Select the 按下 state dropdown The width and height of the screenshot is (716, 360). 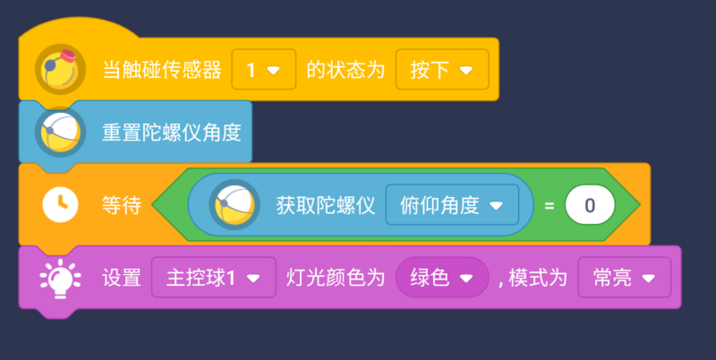point(442,69)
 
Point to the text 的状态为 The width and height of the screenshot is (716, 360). point(345,69)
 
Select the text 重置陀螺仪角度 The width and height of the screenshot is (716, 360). point(171,132)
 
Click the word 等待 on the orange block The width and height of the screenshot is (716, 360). point(121,205)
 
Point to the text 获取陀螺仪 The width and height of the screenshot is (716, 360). point(325,205)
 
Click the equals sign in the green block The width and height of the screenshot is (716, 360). point(549,205)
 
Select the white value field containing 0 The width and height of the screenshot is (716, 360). point(590,205)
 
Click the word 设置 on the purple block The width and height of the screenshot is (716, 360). point(121,279)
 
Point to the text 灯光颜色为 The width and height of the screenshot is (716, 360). point(335,279)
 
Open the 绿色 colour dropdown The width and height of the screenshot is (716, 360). point(442,279)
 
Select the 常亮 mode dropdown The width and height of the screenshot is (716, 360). point(624,279)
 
